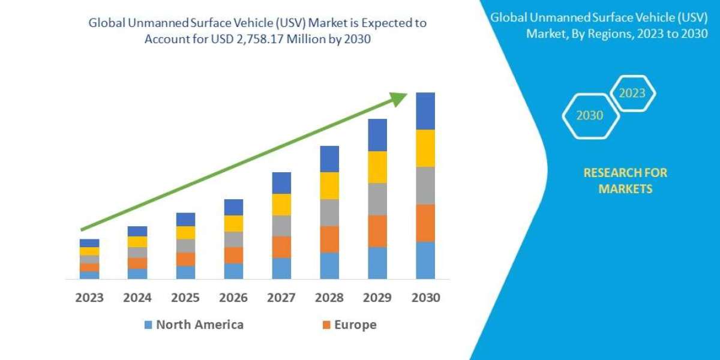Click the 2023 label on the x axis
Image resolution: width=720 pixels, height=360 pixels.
pos(89,298)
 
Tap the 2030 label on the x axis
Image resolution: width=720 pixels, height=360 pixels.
pos(425,298)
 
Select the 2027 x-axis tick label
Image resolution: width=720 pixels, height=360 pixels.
pos(281,298)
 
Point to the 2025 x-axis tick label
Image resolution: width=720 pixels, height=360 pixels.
pos(185,298)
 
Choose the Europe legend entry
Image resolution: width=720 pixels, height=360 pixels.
pos(349,325)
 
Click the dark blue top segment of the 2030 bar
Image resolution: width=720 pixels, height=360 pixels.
pos(425,111)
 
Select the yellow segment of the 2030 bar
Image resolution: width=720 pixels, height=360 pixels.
pos(425,148)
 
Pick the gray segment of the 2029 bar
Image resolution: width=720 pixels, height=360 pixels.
pos(377,199)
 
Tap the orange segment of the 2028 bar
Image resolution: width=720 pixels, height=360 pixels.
pos(329,239)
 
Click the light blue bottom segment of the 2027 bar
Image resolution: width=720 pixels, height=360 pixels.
pos(281,268)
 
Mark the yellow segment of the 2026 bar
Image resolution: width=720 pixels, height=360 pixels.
pos(233,223)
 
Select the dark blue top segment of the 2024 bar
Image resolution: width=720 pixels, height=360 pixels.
pos(137,231)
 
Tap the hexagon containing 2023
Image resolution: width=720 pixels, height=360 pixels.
pos(632,94)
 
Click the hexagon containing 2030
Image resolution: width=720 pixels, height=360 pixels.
pos(590,116)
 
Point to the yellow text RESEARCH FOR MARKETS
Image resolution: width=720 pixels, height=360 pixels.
pos(625,181)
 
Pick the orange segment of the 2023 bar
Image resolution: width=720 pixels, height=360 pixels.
pos(89,267)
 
